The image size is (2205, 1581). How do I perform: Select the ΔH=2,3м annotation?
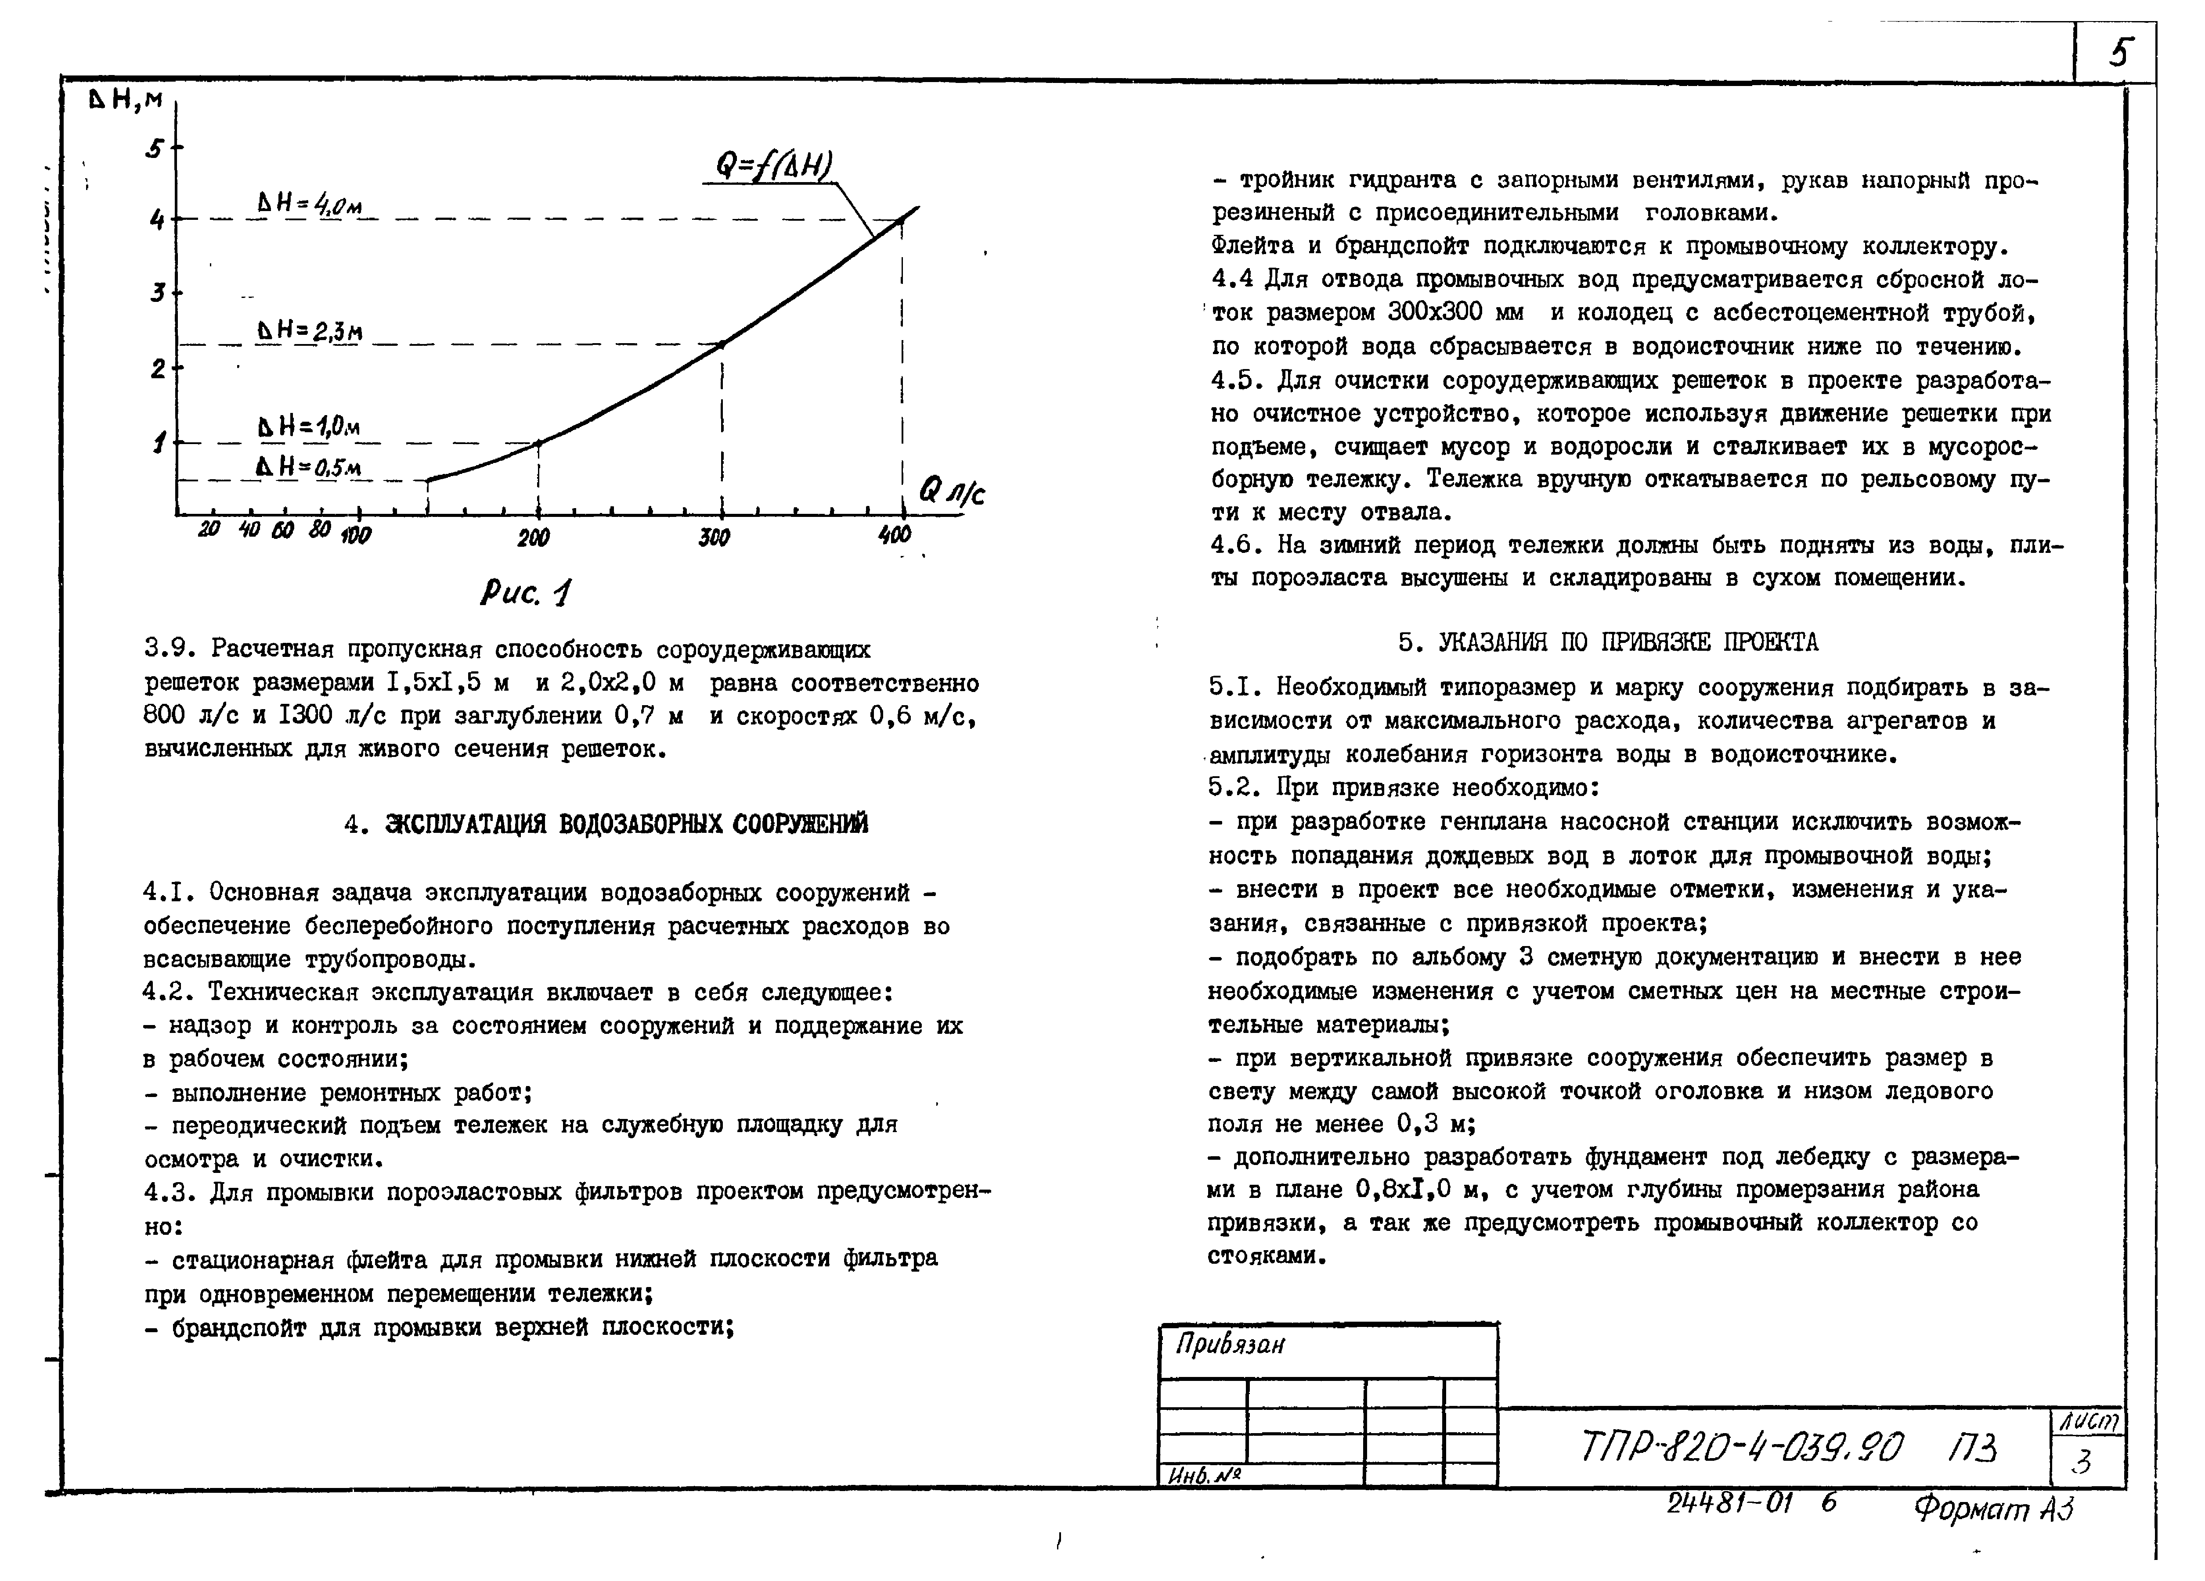tap(309, 331)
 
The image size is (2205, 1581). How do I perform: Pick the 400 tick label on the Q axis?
tap(895, 534)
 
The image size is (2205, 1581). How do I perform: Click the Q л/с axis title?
tap(951, 492)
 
